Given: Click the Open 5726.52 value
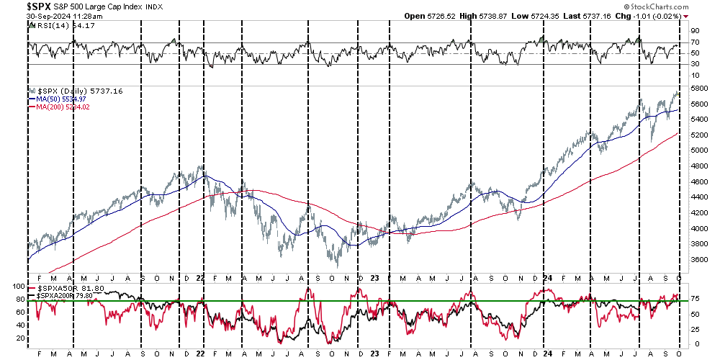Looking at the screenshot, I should (x=428, y=15).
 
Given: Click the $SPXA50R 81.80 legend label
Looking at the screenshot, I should (x=63, y=289).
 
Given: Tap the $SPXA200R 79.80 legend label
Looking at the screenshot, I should (x=65, y=296).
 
